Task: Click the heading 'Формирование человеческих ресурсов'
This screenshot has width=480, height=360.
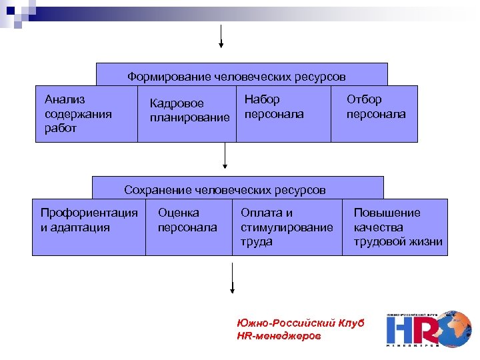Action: [x=237, y=77]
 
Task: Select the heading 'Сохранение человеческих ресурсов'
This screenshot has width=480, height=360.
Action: [x=225, y=190]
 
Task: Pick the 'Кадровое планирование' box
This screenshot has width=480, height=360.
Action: [x=187, y=113]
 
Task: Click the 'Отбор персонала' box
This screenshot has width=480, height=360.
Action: [x=375, y=113]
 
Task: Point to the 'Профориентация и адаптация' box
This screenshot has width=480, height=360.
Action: [x=89, y=227]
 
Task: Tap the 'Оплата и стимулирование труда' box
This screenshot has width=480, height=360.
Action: [x=287, y=227]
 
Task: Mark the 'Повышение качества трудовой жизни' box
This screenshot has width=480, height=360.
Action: [x=397, y=227]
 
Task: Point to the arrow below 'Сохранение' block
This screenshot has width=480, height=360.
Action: [x=232, y=277]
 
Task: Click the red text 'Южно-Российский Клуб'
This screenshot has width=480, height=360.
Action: [x=300, y=323]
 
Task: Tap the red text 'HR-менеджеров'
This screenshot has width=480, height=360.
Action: [x=279, y=336]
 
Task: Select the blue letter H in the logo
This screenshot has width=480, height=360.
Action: [x=400, y=330]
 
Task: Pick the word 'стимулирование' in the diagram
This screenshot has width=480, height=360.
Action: [x=287, y=227]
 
